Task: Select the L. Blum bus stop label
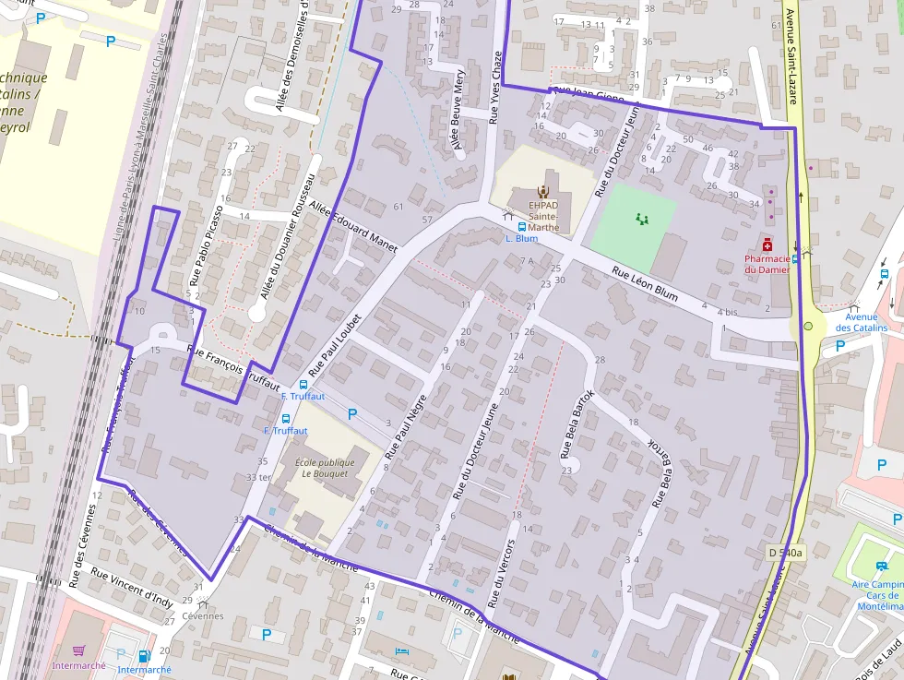[521, 238]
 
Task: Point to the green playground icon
[642, 219]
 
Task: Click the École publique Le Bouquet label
[322, 468]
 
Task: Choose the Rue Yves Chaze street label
[495, 88]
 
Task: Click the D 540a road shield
[786, 553]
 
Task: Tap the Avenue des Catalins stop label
[861, 322]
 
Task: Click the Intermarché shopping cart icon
[79, 650]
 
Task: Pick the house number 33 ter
[259, 477]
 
